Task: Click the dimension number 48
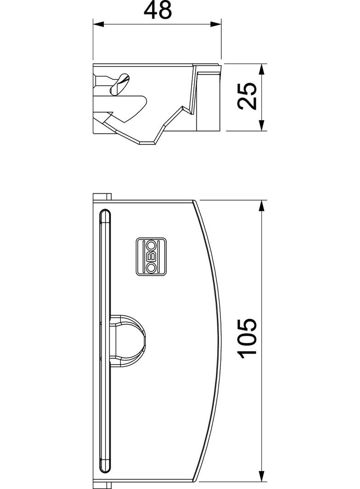pyautogui.click(x=157, y=10)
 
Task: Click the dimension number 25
pyautogui.click(x=247, y=96)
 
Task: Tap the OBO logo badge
pyautogui.click(x=151, y=257)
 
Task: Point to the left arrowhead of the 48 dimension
pyautogui.click(x=98, y=23)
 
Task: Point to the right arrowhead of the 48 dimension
pyautogui.click(x=216, y=23)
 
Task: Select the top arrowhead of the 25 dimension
pyautogui.click(x=262, y=69)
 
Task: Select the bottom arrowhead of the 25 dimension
pyautogui.click(x=262, y=125)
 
